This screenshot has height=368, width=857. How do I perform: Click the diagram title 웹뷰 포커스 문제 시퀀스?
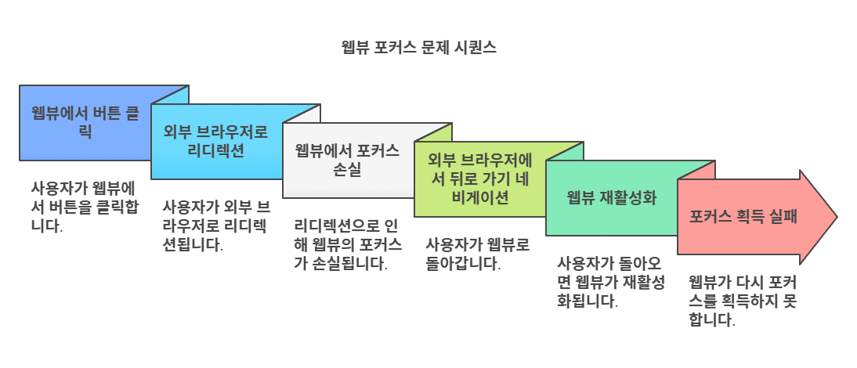click(x=418, y=48)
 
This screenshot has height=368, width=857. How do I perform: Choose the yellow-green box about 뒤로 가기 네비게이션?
click(x=479, y=179)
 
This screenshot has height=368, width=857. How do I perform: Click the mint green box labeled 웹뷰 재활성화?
click(x=611, y=197)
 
